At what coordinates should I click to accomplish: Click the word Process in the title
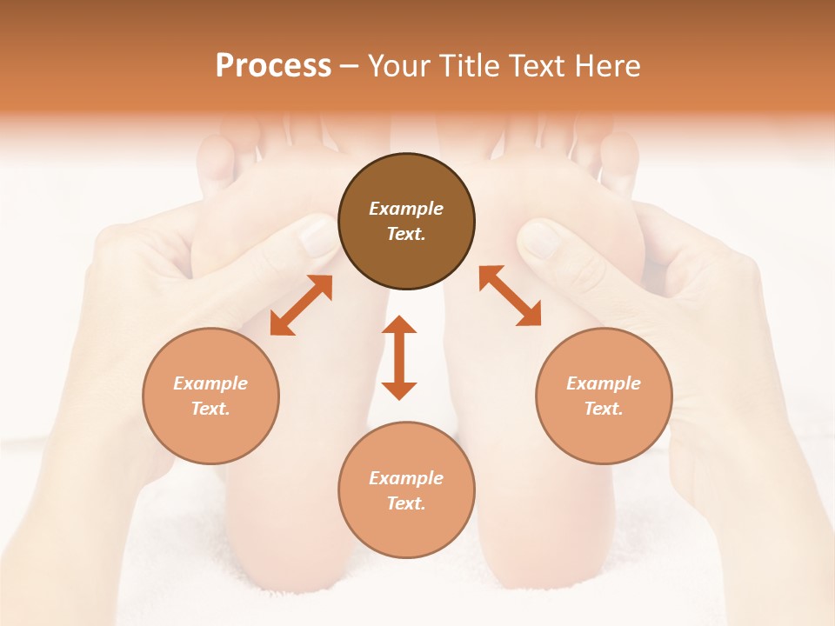point(273,66)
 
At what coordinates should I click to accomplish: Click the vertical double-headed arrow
point(399,357)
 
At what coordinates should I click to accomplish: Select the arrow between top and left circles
point(301,305)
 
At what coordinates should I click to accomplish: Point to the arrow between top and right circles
point(510,296)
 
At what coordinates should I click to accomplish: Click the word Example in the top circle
point(406,209)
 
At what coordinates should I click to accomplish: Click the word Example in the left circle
point(210,383)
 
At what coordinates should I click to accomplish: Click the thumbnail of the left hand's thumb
point(317,235)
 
